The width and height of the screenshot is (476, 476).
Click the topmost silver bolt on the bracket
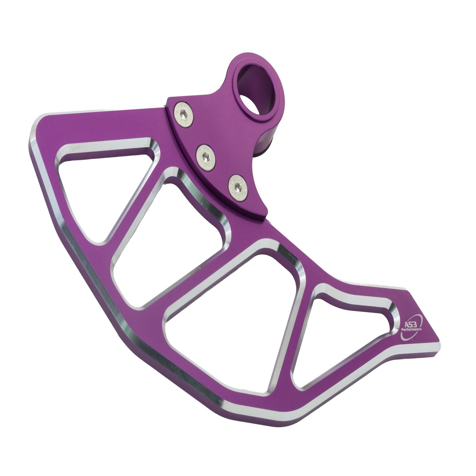coord(184,115)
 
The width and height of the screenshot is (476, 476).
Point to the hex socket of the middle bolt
coord(205,157)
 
